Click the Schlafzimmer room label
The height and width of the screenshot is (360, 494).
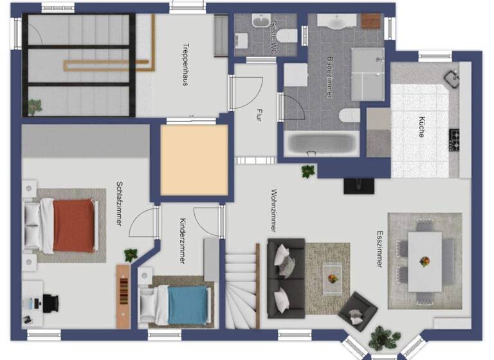click(x=119, y=204)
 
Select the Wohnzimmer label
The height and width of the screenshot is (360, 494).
click(x=274, y=210)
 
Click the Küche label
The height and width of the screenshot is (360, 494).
click(x=421, y=126)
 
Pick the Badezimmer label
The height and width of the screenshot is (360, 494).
click(x=329, y=76)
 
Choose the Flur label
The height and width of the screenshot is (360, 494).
click(x=259, y=116)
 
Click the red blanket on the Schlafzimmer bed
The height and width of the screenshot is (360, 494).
click(x=73, y=226)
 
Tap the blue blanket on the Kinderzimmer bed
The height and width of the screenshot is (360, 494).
click(x=188, y=304)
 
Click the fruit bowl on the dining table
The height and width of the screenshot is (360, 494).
click(x=425, y=261)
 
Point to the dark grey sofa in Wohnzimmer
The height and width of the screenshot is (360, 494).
click(x=285, y=276)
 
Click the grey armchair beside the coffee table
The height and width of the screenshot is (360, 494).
click(x=356, y=311)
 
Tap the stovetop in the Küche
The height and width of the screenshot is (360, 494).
click(x=454, y=139)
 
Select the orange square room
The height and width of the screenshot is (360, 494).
click(x=194, y=159)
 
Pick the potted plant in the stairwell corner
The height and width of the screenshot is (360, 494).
click(x=35, y=105)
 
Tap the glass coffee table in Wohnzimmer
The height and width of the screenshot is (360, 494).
click(x=332, y=278)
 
